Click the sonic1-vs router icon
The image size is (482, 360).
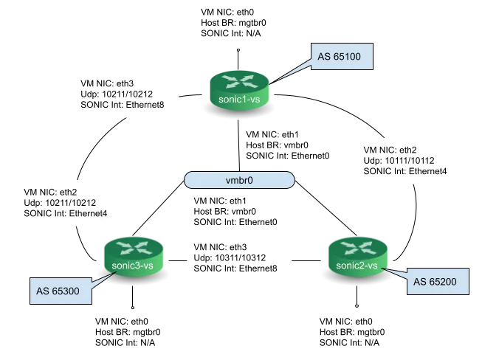239,90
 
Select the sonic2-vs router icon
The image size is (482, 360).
357,258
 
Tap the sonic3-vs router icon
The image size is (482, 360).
133,258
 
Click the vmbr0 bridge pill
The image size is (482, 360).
239,180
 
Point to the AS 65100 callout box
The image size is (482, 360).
342,57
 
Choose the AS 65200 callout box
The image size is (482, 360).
438,281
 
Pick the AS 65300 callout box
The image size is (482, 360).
61,291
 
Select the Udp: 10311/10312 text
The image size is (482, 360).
230,257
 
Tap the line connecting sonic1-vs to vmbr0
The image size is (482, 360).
239,146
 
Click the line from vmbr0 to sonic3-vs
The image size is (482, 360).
158,209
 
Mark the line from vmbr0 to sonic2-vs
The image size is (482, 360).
326,209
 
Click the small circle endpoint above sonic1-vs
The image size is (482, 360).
238,49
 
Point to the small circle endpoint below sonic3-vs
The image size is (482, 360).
133,307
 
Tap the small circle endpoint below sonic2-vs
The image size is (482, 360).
357,306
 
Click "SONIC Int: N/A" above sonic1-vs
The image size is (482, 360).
231,33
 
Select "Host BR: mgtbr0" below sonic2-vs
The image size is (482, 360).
352,332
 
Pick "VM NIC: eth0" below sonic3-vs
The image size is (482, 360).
121,322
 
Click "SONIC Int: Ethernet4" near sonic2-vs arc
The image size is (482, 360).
404,171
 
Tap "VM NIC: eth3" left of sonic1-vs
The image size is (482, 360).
107,83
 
